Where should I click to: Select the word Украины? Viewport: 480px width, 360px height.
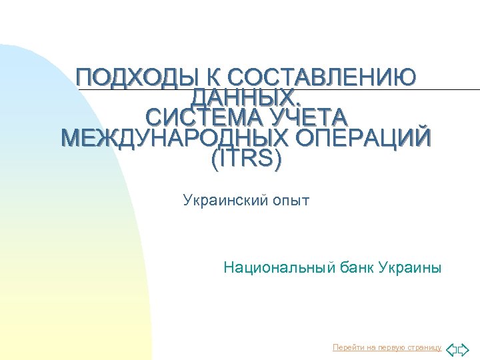coord(409,269)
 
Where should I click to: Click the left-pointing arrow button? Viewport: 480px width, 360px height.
coord(451,349)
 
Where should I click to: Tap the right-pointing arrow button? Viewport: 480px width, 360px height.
coord(464,349)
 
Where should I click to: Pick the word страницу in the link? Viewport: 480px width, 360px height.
coord(425,348)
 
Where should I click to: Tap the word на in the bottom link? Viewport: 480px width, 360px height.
coord(368,348)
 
